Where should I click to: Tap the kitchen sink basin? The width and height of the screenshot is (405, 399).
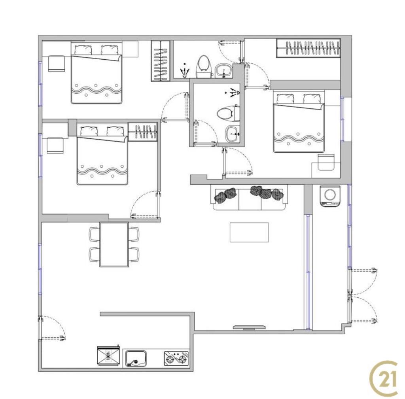pos(136,358)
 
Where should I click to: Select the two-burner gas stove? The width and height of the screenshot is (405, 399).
pos(176,358)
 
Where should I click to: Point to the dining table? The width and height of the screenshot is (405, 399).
pos(114,244)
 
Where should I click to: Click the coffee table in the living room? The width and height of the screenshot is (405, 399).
pos(249,233)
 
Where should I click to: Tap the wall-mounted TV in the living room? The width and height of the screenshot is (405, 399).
pos(249,327)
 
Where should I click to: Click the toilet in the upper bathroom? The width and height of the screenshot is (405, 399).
pos(204,66)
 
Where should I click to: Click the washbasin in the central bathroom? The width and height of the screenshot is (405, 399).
pos(233,134)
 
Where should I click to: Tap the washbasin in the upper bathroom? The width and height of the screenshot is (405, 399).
pos(224,70)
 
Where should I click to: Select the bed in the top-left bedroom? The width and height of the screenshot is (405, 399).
pos(97,73)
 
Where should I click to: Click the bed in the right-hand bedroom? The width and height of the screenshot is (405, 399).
pos(299,121)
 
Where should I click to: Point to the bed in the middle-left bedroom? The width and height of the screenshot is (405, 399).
pos(102,154)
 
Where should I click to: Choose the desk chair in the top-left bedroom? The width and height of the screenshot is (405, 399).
pos(56,63)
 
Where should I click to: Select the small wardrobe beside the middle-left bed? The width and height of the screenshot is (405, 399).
pos(143,132)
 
